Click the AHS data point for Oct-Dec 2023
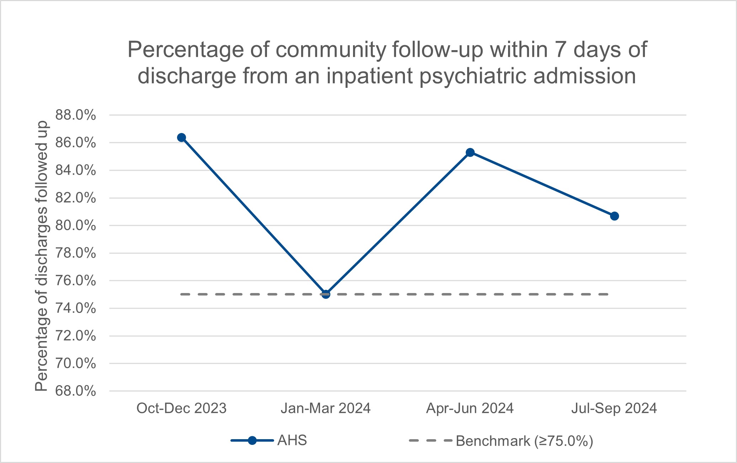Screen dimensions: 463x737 tap(181, 138)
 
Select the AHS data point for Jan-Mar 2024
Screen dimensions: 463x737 tap(326, 294)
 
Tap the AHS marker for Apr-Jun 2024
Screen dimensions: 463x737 tap(470, 153)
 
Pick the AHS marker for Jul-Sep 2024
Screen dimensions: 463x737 tap(614, 216)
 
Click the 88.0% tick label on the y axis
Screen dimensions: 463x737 tap(75, 115)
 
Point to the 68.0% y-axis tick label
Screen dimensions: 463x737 tap(75, 391)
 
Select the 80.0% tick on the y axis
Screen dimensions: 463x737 tap(75, 225)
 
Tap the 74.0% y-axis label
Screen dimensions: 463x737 tap(75, 308)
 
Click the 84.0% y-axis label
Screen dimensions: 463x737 tap(75, 170)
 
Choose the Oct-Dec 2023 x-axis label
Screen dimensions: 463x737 tap(181, 408)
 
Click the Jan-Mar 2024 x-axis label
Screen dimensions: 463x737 tap(326, 408)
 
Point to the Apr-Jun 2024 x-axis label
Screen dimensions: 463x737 tap(470, 408)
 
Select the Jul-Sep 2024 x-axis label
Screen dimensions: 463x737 tap(614, 408)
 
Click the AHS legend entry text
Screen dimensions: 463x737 tap(292, 441)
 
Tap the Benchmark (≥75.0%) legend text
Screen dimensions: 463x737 tap(524, 441)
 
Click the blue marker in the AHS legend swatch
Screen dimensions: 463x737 tap(252, 441)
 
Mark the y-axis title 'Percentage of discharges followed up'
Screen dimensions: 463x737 tap(42, 256)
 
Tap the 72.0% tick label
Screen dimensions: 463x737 tap(75, 336)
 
